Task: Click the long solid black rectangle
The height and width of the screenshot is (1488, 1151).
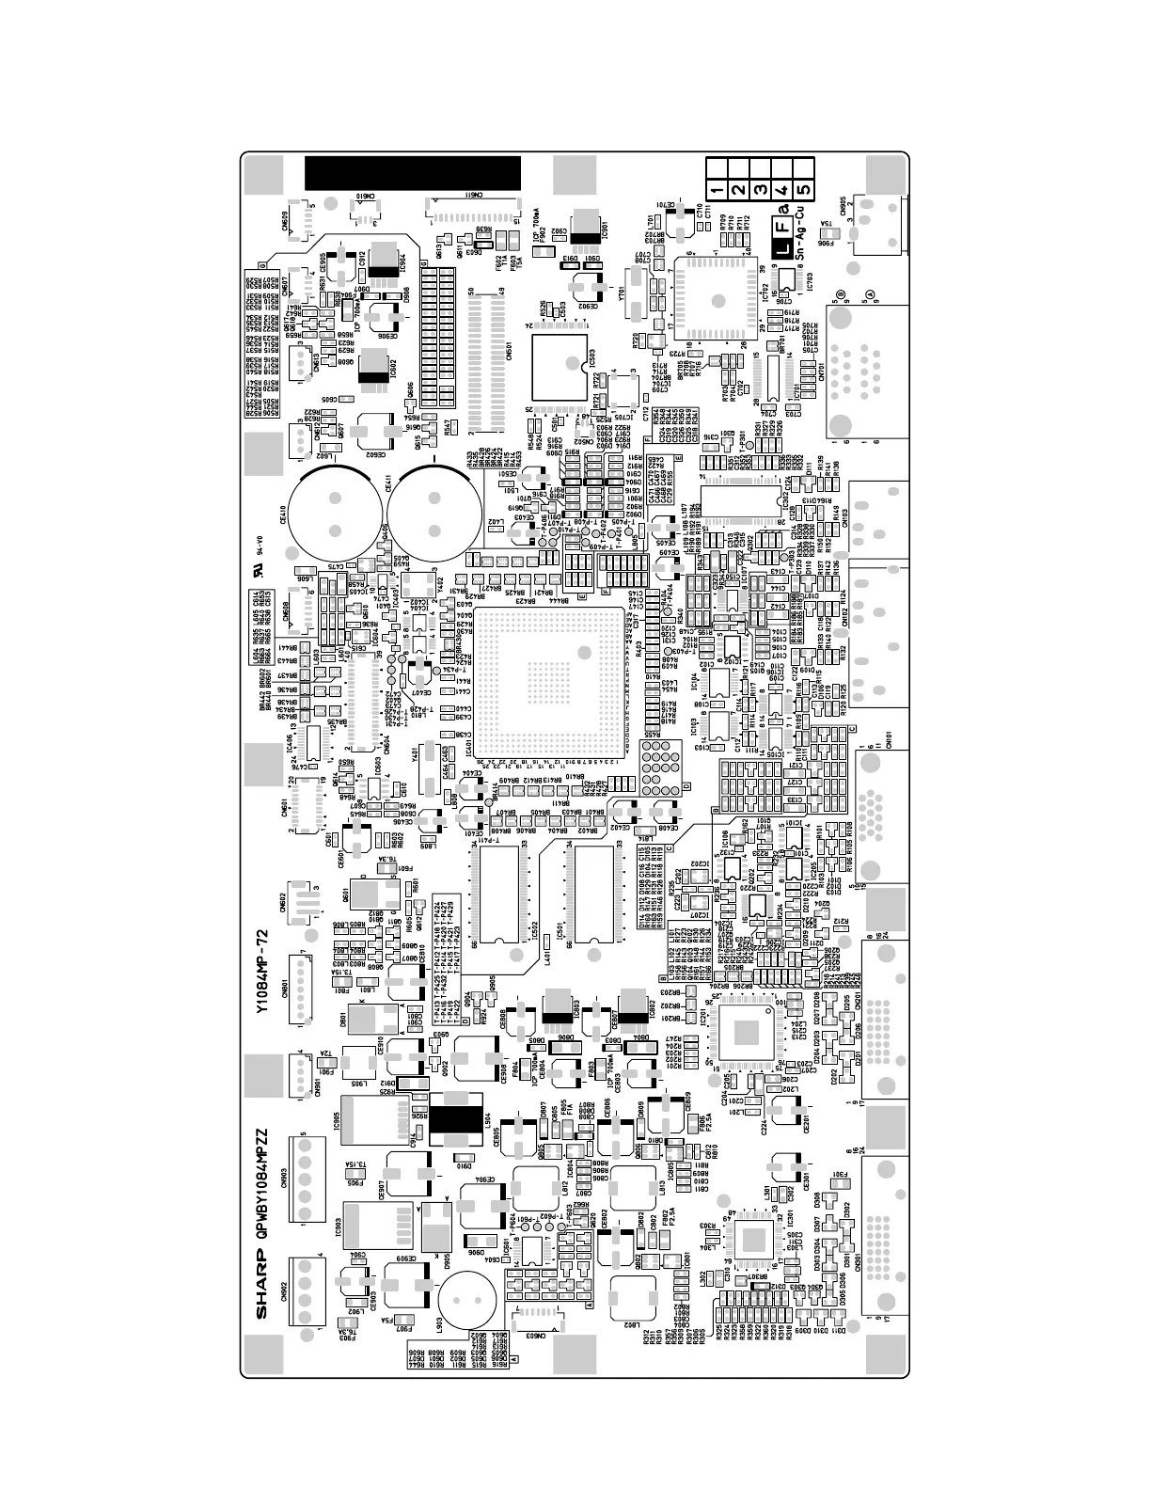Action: [412, 172]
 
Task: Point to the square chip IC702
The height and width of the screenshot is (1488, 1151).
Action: [723, 301]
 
